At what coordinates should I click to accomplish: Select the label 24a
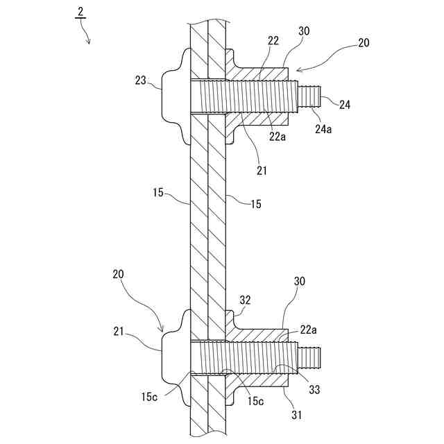click(x=323, y=128)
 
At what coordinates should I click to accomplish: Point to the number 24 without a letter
click(x=344, y=104)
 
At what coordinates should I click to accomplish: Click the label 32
click(x=244, y=300)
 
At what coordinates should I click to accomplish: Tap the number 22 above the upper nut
click(x=273, y=42)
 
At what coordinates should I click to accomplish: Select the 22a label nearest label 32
click(x=309, y=330)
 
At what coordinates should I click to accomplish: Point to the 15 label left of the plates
click(x=159, y=192)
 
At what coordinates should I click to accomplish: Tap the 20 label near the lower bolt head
click(x=119, y=274)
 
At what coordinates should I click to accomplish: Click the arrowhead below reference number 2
click(x=89, y=42)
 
